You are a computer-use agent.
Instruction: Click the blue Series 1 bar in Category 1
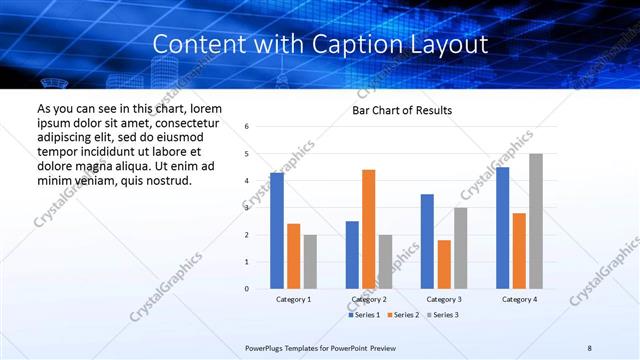277,231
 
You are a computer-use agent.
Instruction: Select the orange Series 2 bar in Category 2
368,229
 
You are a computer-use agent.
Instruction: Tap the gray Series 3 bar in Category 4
536,221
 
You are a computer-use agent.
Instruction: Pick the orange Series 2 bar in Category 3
444,264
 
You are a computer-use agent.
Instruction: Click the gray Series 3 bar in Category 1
310,262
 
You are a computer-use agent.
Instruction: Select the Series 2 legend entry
403,315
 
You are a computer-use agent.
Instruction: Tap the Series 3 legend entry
442,315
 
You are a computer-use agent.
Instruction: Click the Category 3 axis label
444,299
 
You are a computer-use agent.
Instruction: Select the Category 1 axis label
293,299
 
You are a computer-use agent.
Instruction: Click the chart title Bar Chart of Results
402,110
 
